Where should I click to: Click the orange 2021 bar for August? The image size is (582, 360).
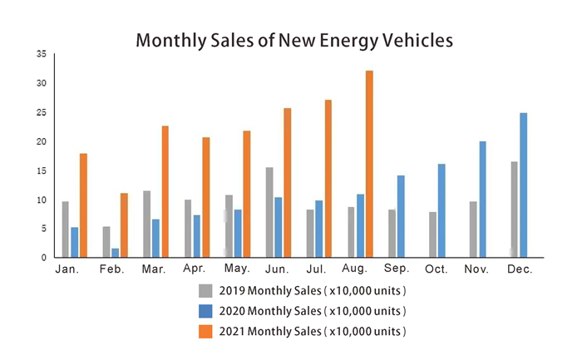[x=369, y=165]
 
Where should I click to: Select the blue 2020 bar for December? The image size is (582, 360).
[x=523, y=185]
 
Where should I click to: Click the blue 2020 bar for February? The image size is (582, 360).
[x=115, y=253]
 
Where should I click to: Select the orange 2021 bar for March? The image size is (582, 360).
[x=165, y=192]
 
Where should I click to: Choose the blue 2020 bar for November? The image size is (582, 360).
[x=482, y=200]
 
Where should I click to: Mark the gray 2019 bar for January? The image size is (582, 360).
[x=65, y=229]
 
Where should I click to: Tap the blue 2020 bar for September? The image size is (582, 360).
[x=401, y=217]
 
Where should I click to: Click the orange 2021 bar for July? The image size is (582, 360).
[x=328, y=179]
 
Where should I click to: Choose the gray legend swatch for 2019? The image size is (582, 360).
[x=205, y=290]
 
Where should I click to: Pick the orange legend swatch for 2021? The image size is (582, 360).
[x=205, y=331]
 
